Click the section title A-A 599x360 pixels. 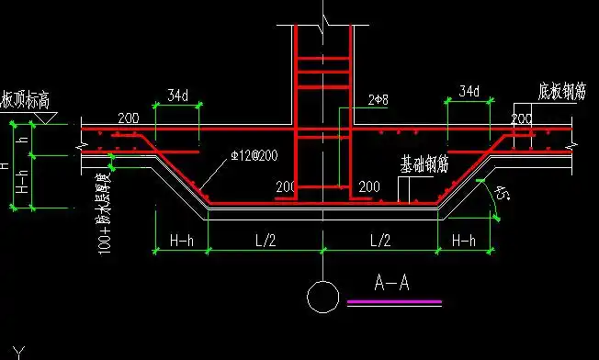(391, 283)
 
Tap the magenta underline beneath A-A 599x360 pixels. (394, 301)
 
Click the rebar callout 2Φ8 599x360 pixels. (379, 98)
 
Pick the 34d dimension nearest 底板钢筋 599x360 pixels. (468, 92)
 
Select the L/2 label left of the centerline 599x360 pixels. (266, 241)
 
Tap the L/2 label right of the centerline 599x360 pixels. (379, 241)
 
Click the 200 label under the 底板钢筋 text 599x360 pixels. (522, 119)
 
